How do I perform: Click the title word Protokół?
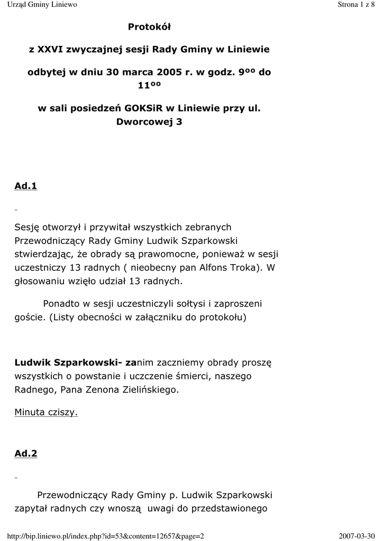149,26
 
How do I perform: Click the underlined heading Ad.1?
26,186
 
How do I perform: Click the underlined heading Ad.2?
26,453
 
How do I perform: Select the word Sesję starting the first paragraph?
28,227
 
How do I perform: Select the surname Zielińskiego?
148,390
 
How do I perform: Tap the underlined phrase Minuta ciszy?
46,412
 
